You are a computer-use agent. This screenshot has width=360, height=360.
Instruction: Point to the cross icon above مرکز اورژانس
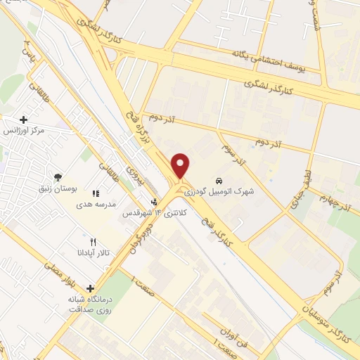24,120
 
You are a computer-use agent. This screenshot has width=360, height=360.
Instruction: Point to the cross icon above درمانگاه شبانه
89,288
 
